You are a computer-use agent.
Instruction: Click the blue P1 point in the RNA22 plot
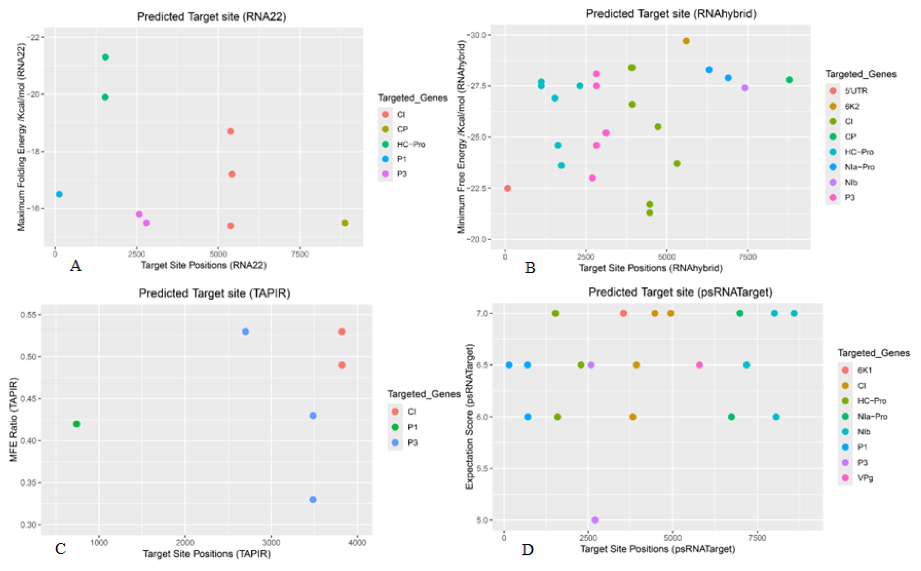(59, 194)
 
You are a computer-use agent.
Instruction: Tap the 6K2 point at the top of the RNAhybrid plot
(686, 41)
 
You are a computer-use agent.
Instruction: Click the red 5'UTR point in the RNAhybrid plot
(508, 188)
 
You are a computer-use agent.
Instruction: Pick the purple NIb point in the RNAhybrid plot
(744, 88)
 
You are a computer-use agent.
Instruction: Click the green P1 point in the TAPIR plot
(76, 424)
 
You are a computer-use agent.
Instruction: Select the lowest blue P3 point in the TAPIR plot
(312, 499)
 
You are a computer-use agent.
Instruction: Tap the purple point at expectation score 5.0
(595, 520)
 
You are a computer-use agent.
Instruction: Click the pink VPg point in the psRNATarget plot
(699, 365)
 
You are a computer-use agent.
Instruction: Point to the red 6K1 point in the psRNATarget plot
(624, 314)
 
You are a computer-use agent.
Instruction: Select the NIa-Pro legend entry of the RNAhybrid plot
(859, 167)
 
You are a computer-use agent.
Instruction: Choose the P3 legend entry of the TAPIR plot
(412, 443)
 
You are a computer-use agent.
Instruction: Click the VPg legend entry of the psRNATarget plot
(865, 478)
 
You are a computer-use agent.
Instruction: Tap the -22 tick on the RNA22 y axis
(35, 37)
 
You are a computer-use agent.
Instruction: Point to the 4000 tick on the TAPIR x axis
(357, 543)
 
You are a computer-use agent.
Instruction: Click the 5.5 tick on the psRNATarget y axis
(484, 468)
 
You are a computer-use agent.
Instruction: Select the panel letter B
(530, 268)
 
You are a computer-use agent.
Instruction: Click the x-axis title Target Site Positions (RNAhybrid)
(651, 268)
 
